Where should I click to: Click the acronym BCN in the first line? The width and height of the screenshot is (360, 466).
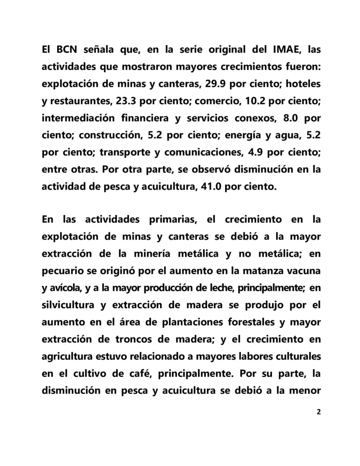(69, 50)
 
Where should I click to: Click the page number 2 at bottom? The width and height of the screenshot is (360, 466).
(318, 412)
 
